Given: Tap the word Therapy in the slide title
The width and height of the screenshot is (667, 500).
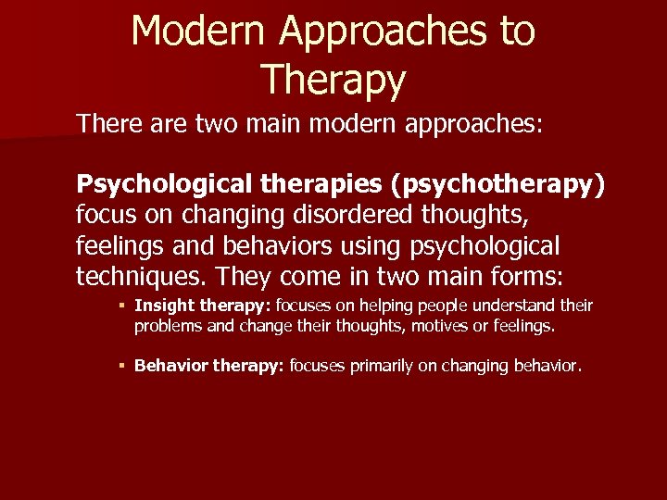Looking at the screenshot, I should pos(333,80).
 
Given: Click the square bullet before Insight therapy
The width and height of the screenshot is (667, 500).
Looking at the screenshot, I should pos(122,306).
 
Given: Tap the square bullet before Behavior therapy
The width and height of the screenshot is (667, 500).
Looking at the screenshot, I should pos(122,366).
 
